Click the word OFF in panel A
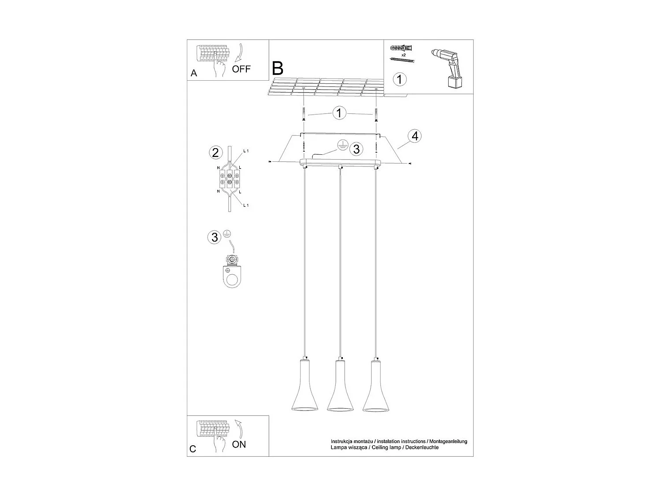[x=241, y=69]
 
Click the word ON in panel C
[x=239, y=444]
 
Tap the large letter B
[x=278, y=68]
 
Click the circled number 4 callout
[x=414, y=136]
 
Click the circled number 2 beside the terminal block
[x=215, y=153]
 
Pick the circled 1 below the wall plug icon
[x=399, y=80]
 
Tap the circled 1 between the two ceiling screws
[x=339, y=113]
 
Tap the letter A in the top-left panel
[x=194, y=74]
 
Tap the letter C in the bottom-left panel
[x=193, y=449]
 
